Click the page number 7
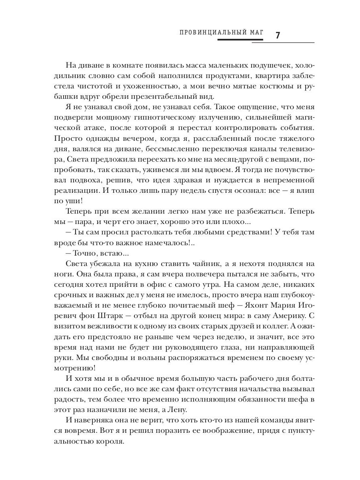(278, 35)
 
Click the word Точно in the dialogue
(82, 253)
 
